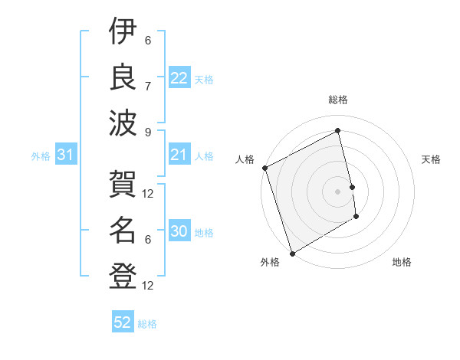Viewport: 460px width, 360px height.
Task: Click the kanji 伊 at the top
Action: click(x=123, y=32)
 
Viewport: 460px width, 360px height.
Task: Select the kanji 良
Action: click(x=123, y=77)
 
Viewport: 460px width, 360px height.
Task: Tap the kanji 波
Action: click(x=123, y=122)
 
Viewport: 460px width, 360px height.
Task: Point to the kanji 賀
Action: click(x=123, y=184)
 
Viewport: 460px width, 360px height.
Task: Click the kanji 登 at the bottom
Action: click(x=123, y=275)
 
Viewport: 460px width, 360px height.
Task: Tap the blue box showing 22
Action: click(x=179, y=78)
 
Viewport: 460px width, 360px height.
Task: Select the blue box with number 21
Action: click(x=179, y=155)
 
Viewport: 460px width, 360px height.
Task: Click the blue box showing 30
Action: click(x=179, y=232)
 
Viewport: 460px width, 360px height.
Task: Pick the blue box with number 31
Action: click(x=65, y=155)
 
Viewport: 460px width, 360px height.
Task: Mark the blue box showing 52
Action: click(x=123, y=322)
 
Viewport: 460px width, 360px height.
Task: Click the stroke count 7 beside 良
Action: click(x=148, y=86)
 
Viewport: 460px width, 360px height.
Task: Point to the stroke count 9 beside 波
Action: click(x=148, y=132)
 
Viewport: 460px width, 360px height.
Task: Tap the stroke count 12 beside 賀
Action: click(x=148, y=194)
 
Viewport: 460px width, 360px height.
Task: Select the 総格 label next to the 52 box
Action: click(x=147, y=324)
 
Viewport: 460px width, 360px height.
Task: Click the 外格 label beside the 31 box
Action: click(x=41, y=156)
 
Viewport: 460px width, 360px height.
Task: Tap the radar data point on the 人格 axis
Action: click(x=264, y=168)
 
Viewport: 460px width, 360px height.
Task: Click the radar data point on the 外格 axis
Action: click(x=291, y=253)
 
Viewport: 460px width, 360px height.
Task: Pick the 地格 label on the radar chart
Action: click(x=402, y=262)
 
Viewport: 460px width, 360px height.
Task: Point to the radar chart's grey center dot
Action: click(x=337, y=191)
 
